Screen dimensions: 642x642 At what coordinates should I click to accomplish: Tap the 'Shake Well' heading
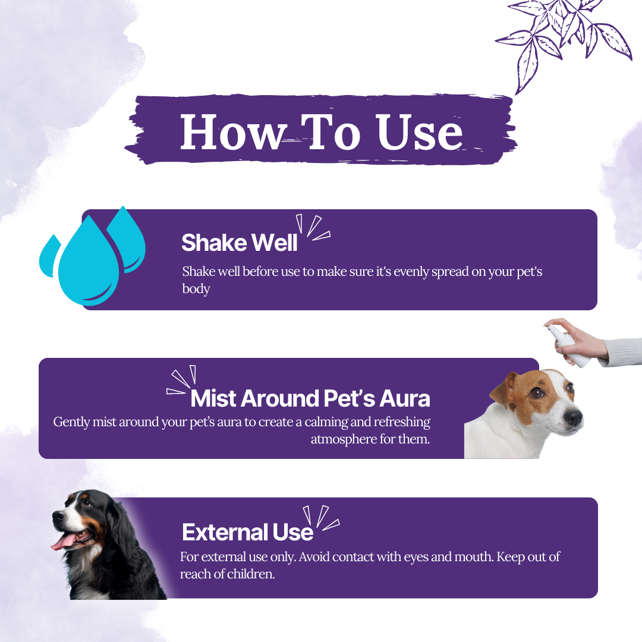tap(239, 243)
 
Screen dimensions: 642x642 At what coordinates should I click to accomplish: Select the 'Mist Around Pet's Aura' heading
tap(310, 398)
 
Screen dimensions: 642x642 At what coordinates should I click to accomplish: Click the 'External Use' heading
tap(247, 532)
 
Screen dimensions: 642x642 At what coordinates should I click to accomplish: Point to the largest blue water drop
tap(89, 262)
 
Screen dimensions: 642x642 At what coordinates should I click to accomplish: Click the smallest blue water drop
tap(49, 256)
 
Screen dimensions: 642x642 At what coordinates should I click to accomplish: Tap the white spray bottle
tap(567, 345)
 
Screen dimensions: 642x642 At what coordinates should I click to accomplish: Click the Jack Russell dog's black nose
tap(573, 418)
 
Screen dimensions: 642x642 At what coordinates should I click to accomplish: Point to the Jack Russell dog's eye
tap(537, 393)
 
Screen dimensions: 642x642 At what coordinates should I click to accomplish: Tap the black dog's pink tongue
tap(64, 542)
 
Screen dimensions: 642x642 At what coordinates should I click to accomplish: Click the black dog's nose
tap(57, 514)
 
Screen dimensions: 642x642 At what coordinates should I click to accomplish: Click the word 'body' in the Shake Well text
tap(196, 289)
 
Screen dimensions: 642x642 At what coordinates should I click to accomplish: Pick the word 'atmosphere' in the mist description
tap(344, 439)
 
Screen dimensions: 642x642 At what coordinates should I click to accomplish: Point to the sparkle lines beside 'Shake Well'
tap(313, 227)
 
